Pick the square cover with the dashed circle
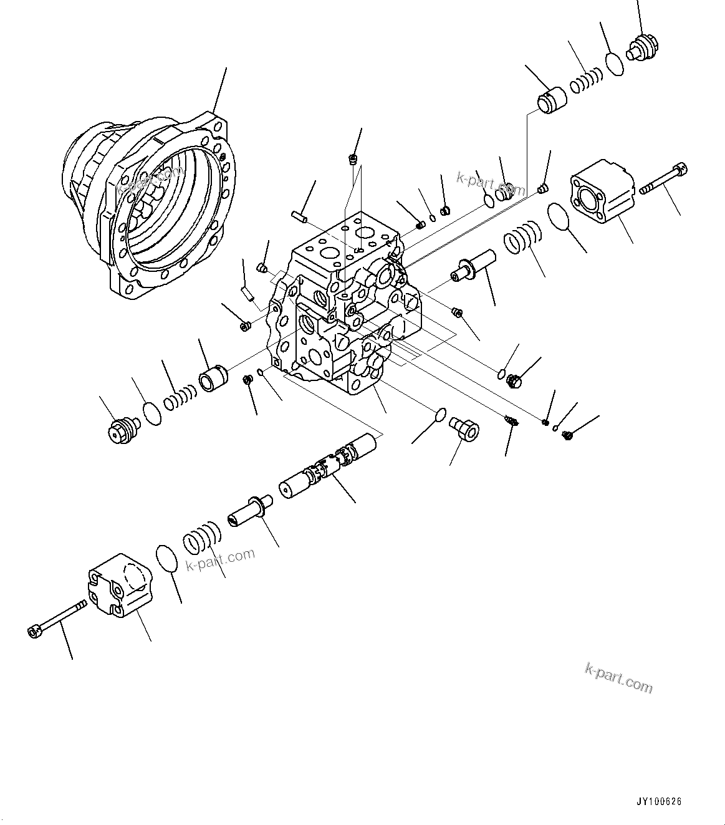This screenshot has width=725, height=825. click(x=120, y=584)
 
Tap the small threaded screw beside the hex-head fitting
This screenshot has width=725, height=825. click(x=511, y=422)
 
